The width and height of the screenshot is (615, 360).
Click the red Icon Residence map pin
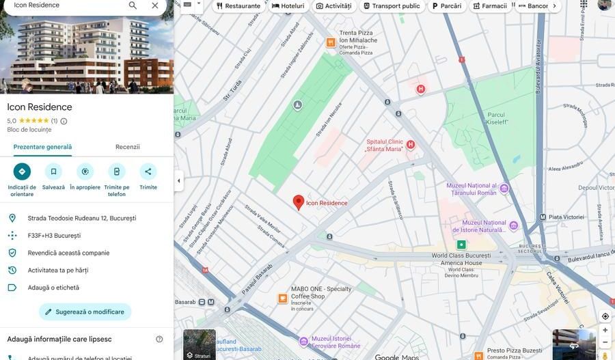click(x=299, y=202)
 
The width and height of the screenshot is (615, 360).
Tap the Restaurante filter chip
click(x=238, y=6)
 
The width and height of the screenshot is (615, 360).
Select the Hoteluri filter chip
click(x=288, y=6)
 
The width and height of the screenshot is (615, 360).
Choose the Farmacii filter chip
click(x=489, y=6)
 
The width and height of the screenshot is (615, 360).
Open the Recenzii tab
click(x=128, y=147)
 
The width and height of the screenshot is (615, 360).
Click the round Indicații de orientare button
click(x=22, y=171)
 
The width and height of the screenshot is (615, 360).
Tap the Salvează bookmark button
click(x=53, y=171)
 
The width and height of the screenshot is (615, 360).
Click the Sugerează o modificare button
click(x=85, y=311)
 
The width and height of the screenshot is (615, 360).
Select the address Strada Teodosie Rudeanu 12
click(x=82, y=218)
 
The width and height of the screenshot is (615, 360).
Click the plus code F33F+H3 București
click(x=54, y=236)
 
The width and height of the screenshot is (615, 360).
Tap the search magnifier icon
click(x=133, y=5)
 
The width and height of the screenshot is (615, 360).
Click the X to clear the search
click(x=155, y=5)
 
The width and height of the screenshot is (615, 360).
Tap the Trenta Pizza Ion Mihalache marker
click(x=331, y=42)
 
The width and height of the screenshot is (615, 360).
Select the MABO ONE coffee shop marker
click(x=283, y=299)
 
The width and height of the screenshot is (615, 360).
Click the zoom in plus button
click(x=605, y=330)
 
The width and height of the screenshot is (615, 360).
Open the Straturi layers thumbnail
click(x=199, y=344)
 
